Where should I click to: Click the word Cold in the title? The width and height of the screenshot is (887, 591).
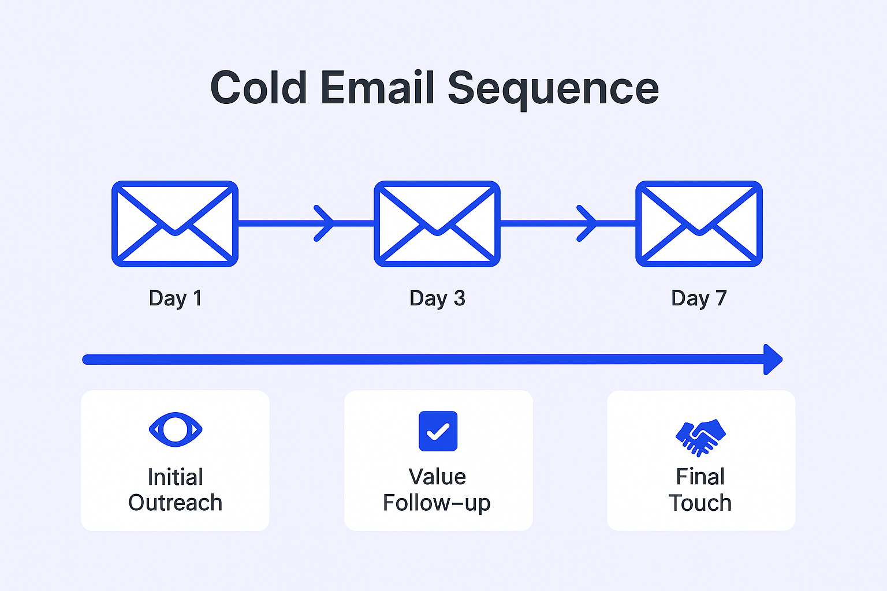coord(258,88)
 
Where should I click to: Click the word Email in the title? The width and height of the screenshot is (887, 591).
coord(377,88)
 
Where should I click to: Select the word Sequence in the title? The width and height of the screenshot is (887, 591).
coord(553,89)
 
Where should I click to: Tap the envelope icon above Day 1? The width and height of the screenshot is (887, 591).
coord(175,224)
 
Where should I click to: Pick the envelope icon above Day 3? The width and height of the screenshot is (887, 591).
coord(437,224)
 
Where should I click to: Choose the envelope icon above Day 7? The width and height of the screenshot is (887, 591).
coord(699,224)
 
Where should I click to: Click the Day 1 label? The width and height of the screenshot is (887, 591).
coord(175,298)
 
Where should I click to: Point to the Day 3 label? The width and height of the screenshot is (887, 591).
coord(437,298)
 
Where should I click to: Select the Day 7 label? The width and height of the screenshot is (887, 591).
coord(699,298)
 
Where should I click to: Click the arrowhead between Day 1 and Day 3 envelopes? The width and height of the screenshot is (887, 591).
coord(326,223)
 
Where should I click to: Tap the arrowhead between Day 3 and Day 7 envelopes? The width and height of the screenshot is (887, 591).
coord(588,223)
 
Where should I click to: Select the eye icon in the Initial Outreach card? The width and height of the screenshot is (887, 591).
coord(176,429)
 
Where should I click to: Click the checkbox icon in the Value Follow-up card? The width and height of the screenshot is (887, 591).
coord(438,431)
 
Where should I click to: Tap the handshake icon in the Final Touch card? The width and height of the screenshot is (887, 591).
coord(700,437)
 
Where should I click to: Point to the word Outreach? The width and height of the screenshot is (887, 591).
coord(175,503)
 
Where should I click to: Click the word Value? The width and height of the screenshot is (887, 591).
coord(437,477)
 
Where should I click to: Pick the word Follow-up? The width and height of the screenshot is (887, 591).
coord(437,503)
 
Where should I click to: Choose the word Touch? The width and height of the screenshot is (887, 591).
coord(700,503)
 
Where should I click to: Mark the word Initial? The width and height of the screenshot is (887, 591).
coord(175,477)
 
